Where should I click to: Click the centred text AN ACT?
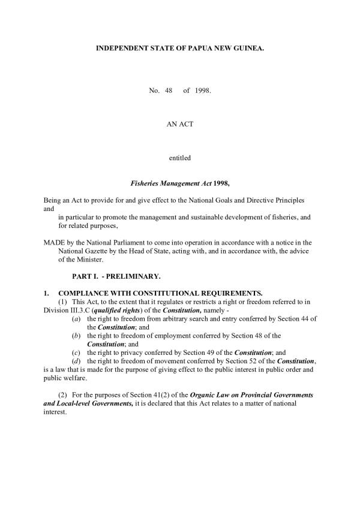click(180, 124)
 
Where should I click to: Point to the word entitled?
click(180, 158)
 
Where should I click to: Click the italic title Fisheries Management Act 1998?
click(180, 182)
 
